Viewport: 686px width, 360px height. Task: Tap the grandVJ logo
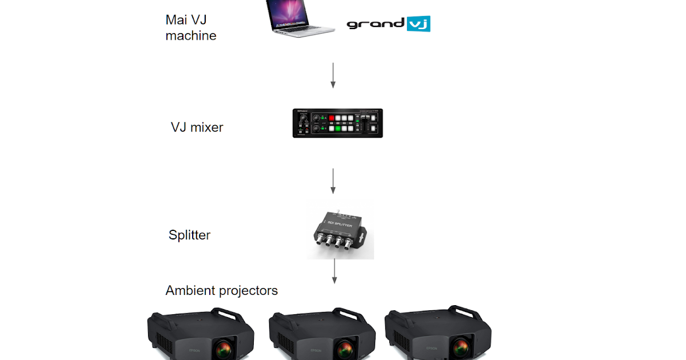[388, 24]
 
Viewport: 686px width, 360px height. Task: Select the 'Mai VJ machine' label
[190, 27]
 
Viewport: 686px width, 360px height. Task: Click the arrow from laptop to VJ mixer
[333, 75]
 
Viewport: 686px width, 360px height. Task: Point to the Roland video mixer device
[337, 123]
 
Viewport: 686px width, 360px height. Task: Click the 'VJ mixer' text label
[197, 127]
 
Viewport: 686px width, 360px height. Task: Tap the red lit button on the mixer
[330, 118]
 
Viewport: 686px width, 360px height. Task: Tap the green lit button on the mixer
[337, 128]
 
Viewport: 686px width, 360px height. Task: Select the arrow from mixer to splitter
[333, 181]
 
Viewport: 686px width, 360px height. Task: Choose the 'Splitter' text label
[189, 235]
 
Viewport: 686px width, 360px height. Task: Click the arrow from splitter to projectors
[334, 271]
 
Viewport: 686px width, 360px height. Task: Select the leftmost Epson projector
[201, 336]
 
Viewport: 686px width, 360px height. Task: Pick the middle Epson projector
[322, 336]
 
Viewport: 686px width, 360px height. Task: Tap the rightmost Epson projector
[438, 336]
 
